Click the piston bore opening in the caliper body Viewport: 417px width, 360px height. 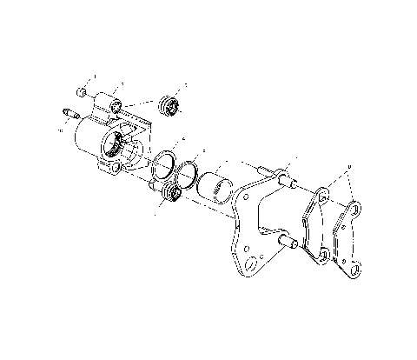coord(116,147)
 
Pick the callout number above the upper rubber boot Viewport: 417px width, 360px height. coord(184,83)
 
